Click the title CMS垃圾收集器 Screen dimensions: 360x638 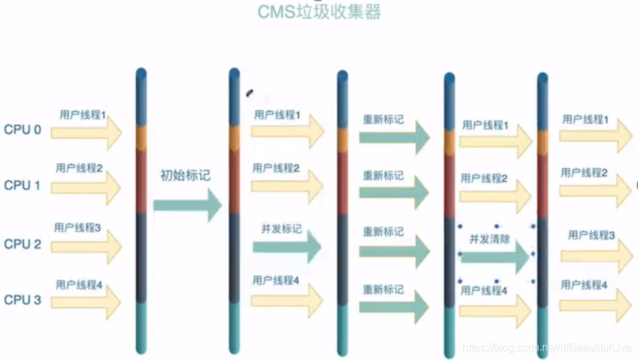click(x=319, y=11)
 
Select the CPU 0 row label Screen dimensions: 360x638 click(x=22, y=130)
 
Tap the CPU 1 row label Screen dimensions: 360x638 click(x=22, y=185)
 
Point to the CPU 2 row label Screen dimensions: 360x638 click(x=22, y=244)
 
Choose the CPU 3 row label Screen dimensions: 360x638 click(x=22, y=300)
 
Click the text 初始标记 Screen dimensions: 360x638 click(x=185, y=176)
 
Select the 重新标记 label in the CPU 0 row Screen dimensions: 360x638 click(x=383, y=120)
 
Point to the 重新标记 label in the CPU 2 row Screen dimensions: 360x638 click(x=383, y=232)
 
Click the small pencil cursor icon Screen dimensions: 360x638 click(x=249, y=93)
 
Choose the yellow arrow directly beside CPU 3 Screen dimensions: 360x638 click(x=86, y=301)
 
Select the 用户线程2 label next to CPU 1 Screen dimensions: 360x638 click(x=79, y=168)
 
